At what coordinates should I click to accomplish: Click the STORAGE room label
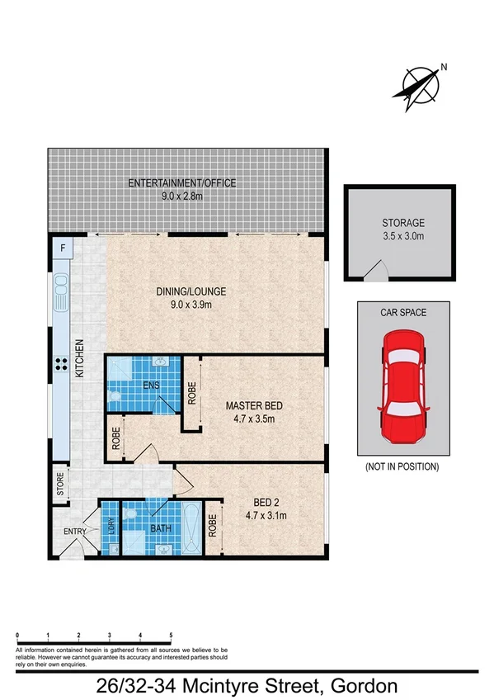tap(403, 223)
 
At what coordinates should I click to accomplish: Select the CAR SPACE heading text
tap(403, 312)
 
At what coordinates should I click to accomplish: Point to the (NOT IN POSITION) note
tap(402, 466)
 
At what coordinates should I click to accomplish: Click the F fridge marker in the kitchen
tap(63, 248)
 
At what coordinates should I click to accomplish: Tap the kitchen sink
tap(62, 293)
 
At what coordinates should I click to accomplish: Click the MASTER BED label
tap(255, 405)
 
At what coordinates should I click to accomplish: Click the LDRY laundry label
tap(108, 525)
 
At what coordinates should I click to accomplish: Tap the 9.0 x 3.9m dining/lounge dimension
tap(191, 305)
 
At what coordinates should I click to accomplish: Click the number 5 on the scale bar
tap(171, 636)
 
